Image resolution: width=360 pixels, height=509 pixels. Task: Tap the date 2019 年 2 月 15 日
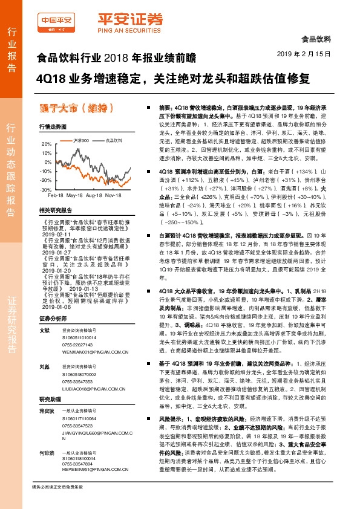307,54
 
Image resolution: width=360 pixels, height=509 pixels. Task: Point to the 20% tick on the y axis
47,144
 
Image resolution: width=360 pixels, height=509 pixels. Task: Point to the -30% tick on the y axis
46,190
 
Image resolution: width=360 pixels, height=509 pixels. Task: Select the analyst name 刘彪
44,366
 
